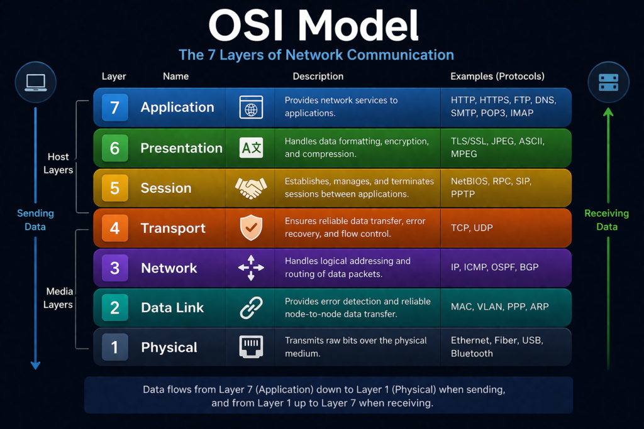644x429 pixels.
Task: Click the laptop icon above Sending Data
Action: pyautogui.click(x=35, y=82)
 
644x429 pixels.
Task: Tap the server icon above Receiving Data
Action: pyautogui.click(x=608, y=82)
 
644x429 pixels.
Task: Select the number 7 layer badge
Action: pyautogui.click(x=114, y=107)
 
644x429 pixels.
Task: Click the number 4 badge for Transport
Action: pyautogui.click(x=114, y=227)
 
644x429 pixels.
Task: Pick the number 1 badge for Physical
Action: pyautogui.click(x=114, y=347)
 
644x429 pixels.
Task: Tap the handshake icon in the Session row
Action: pyautogui.click(x=251, y=188)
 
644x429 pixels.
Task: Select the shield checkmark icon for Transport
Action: pyautogui.click(x=251, y=228)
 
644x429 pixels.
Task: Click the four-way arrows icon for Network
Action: pyautogui.click(x=251, y=268)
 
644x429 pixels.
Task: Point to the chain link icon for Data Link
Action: pyautogui.click(x=251, y=308)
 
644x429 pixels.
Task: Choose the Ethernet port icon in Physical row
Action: pyautogui.click(x=251, y=347)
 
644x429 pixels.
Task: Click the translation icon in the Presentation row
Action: pyautogui.click(x=251, y=148)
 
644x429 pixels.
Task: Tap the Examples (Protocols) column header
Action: pyautogui.click(x=497, y=76)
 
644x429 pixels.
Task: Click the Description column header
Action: pyautogui.click(x=318, y=76)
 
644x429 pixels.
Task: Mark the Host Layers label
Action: pyautogui.click(x=58, y=163)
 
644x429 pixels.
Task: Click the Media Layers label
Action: pyautogui.click(x=58, y=298)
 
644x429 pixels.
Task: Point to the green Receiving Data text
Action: pyautogui.click(x=606, y=220)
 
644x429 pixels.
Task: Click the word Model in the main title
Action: pyautogui.click(x=357, y=26)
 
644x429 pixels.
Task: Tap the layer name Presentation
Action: pyautogui.click(x=181, y=148)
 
